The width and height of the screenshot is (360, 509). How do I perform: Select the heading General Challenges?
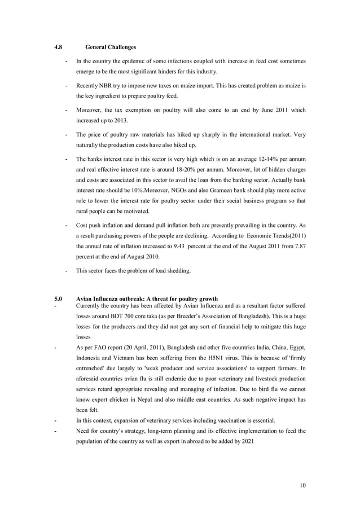110,46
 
